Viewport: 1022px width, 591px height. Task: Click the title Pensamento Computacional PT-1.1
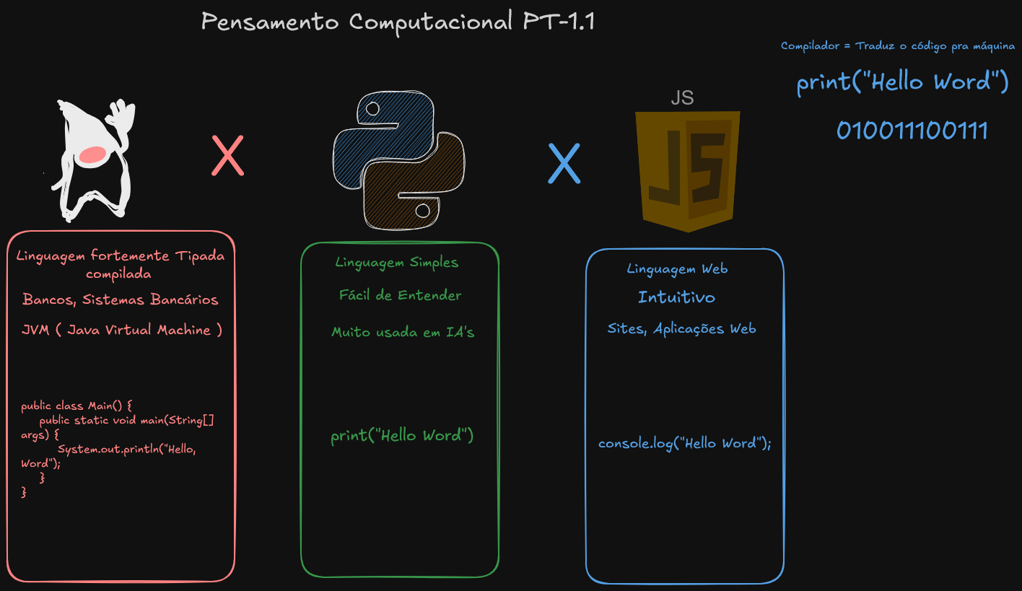(x=397, y=22)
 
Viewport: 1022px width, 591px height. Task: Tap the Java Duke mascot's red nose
(x=93, y=154)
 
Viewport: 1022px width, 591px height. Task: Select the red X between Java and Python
(x=227, y=157)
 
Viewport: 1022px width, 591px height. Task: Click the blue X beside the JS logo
(x=564, y=163)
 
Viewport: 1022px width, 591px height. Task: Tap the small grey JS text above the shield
(x=682, y=98)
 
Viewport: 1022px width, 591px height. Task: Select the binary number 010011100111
(x=912, y=131)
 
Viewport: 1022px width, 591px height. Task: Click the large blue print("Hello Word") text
(x=902, y=82)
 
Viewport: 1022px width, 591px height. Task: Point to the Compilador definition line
(x=897, y=46)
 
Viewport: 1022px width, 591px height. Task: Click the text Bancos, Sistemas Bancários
(x=120, y=299)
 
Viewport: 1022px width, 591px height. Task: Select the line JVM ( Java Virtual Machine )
(x=122, y=330)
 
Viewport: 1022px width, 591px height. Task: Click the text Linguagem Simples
(x=396, y=262)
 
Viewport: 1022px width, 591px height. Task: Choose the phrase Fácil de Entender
(x=400, y=295)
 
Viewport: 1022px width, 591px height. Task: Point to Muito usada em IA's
(x=403, y=333)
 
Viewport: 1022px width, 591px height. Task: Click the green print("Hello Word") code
(x=402, y=436)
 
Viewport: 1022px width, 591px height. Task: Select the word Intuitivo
(x=676, y=297)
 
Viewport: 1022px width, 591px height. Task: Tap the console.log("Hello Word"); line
(x=684, y=443)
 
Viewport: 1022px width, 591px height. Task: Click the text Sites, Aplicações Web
(x=681, y=329)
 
